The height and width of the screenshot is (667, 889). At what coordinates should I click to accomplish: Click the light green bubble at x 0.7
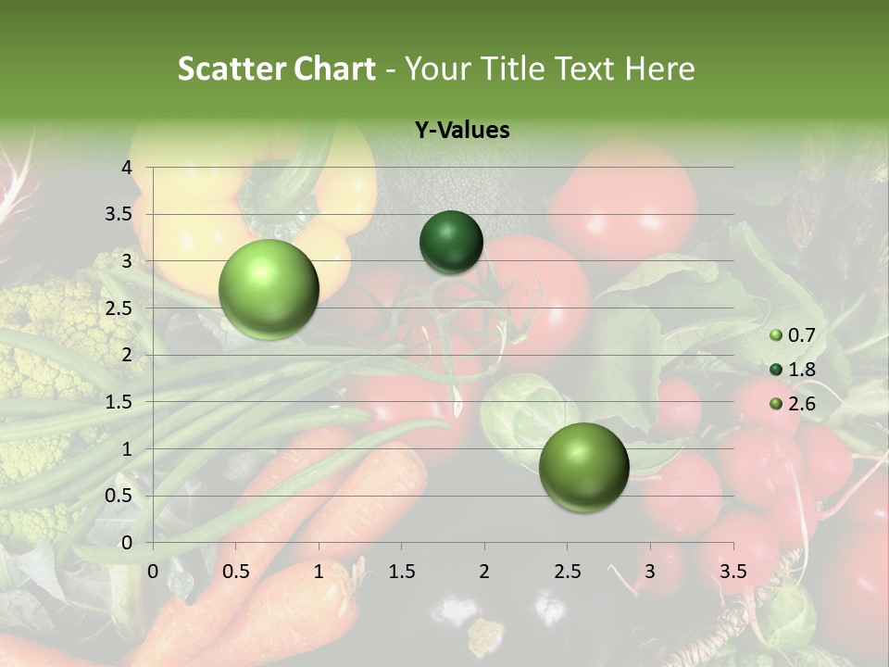click(269, 289)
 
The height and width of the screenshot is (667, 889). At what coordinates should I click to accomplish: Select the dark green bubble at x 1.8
click(451, 242)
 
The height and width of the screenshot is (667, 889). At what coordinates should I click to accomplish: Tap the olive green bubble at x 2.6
click(583, 467)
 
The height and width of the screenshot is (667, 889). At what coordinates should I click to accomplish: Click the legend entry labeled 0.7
click(794, 334)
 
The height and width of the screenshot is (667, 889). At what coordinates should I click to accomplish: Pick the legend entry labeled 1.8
click(794, 370)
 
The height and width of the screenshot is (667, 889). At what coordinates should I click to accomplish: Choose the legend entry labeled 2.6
click(794, 404)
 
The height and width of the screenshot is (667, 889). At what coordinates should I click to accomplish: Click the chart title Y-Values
click(461, 130)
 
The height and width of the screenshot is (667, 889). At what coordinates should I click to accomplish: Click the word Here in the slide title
click(659, 69)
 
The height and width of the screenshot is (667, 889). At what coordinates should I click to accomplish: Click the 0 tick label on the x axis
click(153, 572)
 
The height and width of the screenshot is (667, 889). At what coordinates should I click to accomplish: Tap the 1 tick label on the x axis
click(319, 572)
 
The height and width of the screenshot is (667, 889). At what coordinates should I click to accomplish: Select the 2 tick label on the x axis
click(484, 572)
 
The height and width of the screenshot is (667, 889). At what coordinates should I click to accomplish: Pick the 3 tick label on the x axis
click(650, 572)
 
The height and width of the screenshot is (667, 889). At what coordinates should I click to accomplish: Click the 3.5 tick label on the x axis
click(732, 572)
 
